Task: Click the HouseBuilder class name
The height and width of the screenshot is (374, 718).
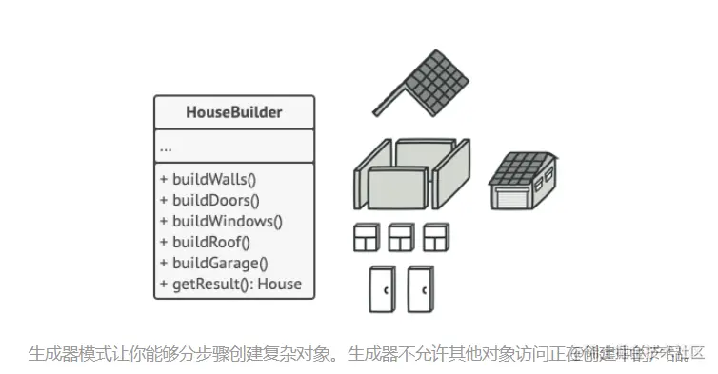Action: tap(233, 113)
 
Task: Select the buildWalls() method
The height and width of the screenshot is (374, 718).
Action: tap(213, 178)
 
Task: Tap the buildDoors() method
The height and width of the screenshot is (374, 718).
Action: tap(215, 200)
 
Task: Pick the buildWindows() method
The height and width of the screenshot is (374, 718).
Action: tap(227, 221)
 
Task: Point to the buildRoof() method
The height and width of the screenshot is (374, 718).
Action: tap(209, 242)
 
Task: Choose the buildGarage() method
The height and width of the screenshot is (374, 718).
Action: tap(219, 263)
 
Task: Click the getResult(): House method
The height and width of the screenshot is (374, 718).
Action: tap(235, 284)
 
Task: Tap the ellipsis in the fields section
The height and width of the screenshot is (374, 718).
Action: tap(166, 148)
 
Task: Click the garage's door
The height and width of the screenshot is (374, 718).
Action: tap(512, 196)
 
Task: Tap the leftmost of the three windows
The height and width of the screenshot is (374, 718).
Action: tap(367, 237)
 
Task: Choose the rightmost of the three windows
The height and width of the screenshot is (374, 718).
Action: tap(436, 237)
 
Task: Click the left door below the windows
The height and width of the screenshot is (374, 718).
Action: tap(383, 289)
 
